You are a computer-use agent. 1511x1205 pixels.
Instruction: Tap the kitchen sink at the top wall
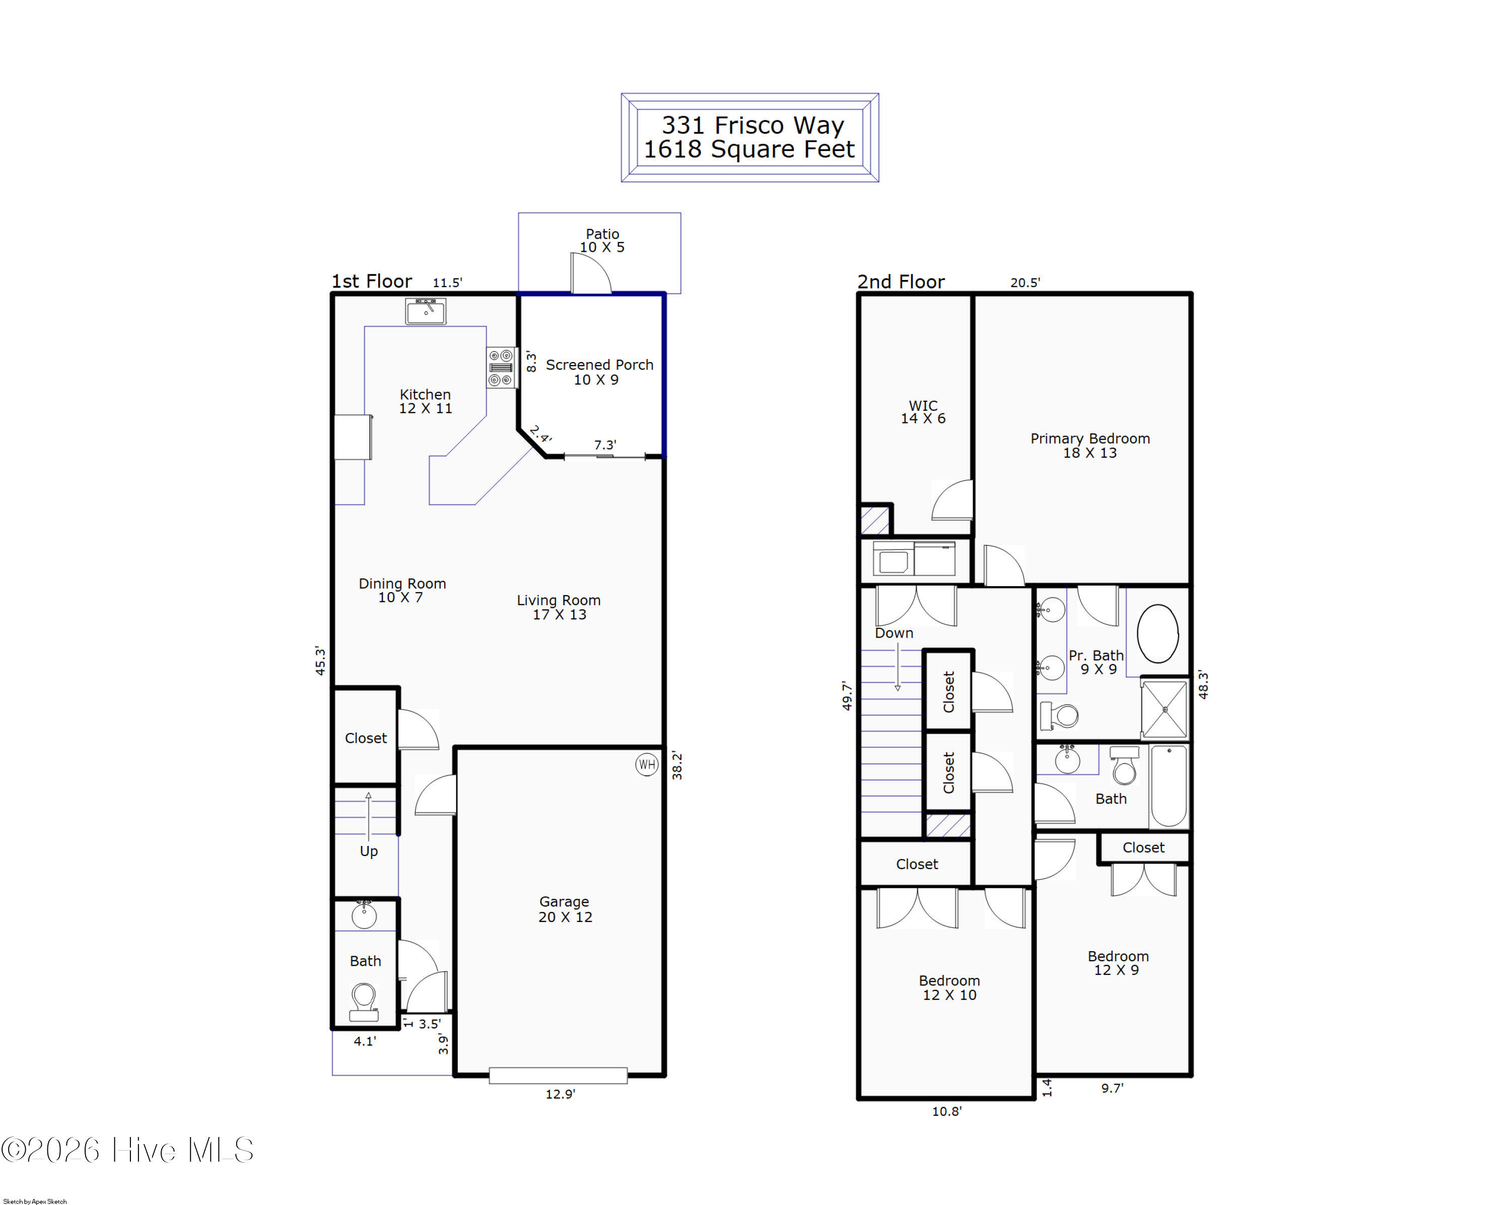426,311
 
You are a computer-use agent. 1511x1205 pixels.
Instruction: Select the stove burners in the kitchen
502,368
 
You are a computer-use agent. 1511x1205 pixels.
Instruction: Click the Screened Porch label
599,365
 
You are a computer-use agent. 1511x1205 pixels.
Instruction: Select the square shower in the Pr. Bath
1165,709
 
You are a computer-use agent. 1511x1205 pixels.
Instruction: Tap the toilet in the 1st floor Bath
364,1002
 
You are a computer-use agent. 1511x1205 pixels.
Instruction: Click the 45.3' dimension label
320,661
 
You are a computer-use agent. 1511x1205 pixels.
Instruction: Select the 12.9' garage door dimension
560,1094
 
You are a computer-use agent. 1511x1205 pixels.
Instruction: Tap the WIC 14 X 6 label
923,412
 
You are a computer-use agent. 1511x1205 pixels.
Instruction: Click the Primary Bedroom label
1090,439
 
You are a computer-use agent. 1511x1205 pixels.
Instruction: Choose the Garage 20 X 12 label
565,909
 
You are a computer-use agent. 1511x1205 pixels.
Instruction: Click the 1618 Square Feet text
749,149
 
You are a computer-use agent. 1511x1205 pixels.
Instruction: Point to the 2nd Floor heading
901,281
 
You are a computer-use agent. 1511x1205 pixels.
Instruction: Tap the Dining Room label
402,584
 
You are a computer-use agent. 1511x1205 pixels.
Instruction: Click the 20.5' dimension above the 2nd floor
1025,282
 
